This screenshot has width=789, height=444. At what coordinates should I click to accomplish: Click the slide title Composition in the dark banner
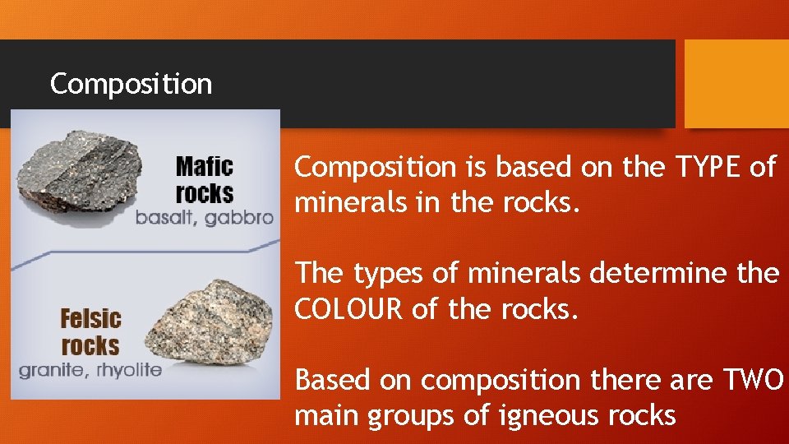(131, 84)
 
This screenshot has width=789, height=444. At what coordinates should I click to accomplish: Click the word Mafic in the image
(205, 167)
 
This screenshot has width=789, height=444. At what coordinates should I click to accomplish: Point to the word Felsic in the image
(90, 318)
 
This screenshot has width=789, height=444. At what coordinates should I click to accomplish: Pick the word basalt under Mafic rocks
(166, 218)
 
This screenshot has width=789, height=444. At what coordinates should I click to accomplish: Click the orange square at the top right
(736, 84)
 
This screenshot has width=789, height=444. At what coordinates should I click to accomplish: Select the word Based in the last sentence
(333, 380)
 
